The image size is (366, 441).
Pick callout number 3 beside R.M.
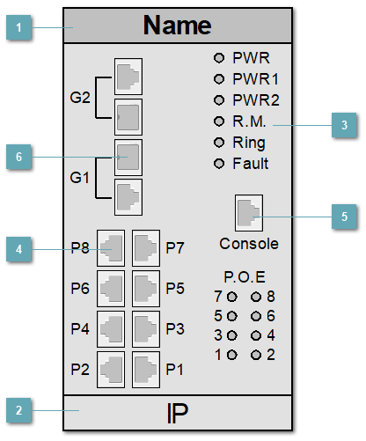(344, 125)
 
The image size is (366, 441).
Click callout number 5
(344, 216)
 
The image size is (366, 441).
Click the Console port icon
(249, 212)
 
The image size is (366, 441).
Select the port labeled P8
(112, 249)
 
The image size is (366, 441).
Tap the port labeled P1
(145, 364)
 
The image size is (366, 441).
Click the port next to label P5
(145, 287)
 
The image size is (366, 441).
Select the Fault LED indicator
(220, 164)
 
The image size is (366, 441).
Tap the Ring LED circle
(220, 143)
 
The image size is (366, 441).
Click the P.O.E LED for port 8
(256, 297)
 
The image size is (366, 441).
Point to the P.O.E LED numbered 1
(231, 355)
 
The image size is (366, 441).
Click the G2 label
(80, 95)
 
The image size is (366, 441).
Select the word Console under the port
(249, 243)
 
